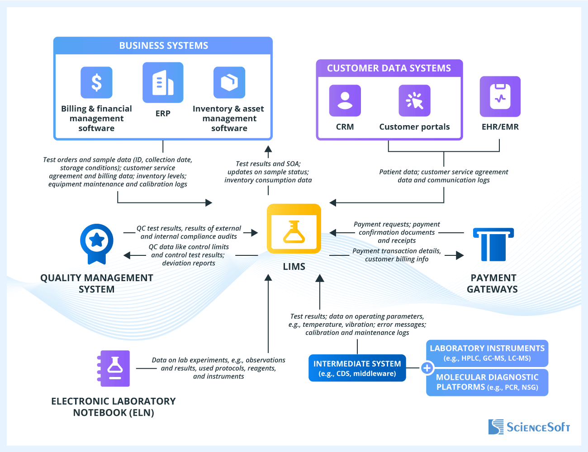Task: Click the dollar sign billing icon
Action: pos(96,83)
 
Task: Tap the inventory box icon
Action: pos(229,83)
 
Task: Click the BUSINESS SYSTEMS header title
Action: pos(163,46)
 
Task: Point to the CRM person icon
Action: pos(345,100)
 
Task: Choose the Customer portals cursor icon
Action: pos(414,100)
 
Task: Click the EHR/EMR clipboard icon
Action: pos(500,96)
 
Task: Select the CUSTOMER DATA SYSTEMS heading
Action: pos(389,68)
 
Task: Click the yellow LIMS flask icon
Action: pos(294,229)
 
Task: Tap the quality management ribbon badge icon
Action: pos(96,243)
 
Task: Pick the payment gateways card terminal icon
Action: pos(493,244)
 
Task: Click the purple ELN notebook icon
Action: pos(114,368)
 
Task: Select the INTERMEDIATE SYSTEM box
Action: pos(357,368)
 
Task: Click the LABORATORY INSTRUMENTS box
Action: pos(487,353)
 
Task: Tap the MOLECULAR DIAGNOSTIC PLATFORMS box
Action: pos(487,382)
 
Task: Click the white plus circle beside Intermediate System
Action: pos(427,368)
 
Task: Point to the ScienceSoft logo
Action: pos(529,427)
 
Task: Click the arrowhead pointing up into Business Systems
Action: pos(268,149)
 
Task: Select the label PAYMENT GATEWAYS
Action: pos(493,283)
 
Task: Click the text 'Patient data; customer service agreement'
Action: pos(444,172)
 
